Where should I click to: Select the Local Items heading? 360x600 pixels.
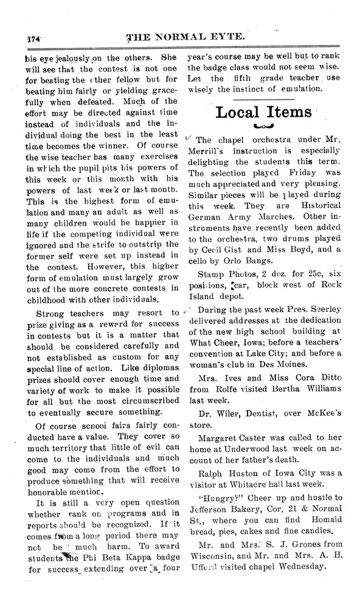[263, 112]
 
